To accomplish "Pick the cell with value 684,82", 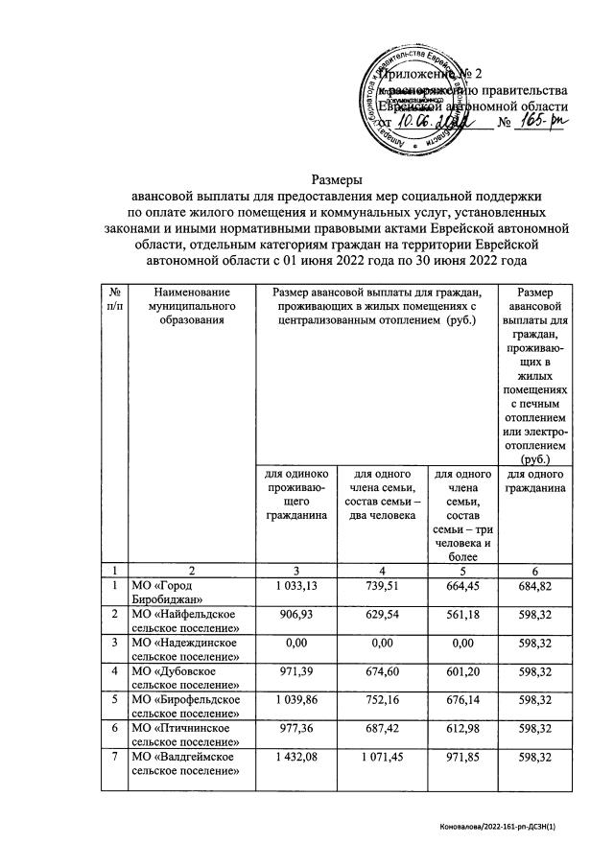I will click(535, 587).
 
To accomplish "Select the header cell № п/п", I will click(114, 298).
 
